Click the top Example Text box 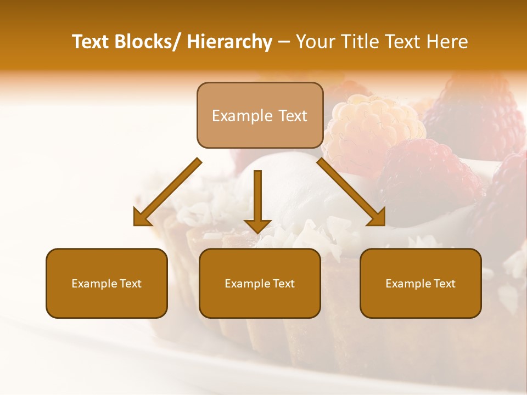pyautogui.click(x=260, y=115)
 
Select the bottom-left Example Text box pyautogui.click(x=106, y=283)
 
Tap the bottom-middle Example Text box pyautogui.click(x=260, y=283)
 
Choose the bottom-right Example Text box pyautogui.click(x=421, y=283)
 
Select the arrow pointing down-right pyautogui.click(x=351, y=193)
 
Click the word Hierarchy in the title pyautogui.click(x=229, y=42)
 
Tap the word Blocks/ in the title pyautogui.click(x=145, y=42)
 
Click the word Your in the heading pyautogui.click(x=314, y=42)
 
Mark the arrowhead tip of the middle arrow pyautogui.click(x=257, y=233)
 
